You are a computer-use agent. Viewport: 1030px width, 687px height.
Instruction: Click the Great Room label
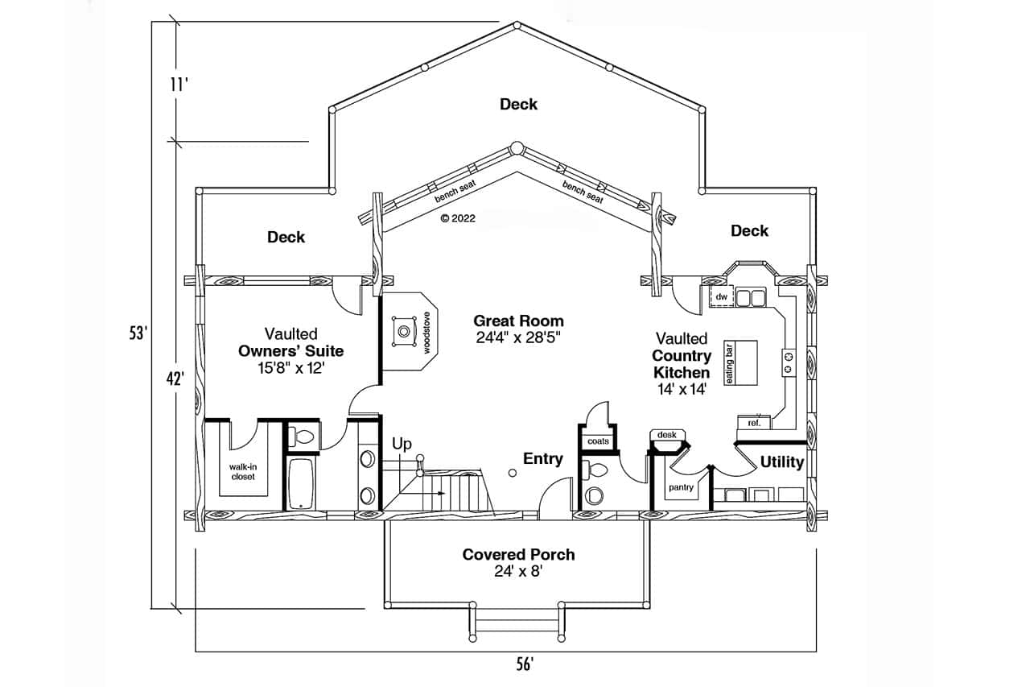(x=518, y=321)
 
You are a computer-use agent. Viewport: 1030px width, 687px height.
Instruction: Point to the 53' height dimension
(x=140, y=332)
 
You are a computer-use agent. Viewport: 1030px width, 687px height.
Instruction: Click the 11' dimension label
(x=179, y=83)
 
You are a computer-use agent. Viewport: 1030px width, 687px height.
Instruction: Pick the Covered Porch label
(x=518, y=554)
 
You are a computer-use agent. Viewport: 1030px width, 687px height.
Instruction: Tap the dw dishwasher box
(x=721, y=298)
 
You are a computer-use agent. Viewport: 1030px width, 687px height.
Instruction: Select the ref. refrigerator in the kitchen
(x=755, y=422)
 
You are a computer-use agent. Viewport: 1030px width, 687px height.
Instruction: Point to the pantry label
(x=681, y=487)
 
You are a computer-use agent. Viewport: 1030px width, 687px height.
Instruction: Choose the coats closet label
(x=598, y=441)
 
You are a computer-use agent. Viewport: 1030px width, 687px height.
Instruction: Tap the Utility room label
(x=782, y=462)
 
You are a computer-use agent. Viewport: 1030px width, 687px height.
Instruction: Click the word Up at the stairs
(x=402, y=444)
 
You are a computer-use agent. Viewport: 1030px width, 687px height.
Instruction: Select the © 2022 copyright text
(x=458, y=217)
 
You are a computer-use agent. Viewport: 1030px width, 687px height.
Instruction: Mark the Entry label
(x=543, y=458)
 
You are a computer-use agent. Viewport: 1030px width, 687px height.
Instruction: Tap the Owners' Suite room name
(x=290, y=351)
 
